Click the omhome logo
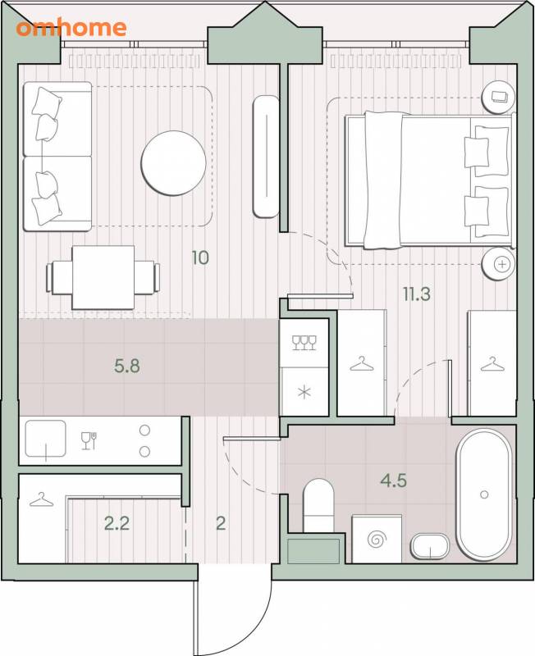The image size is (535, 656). tap(71, 28)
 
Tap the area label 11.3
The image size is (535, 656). tap(417, 294)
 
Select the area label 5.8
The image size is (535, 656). tap(127, 366)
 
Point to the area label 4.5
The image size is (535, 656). tap(394, 481)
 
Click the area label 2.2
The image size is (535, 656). tap(117, 523)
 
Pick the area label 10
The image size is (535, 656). tap(200, 257)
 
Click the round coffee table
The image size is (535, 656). tap(173, 163)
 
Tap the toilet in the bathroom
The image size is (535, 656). tap(318, 505)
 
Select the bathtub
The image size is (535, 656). tap(484, 494)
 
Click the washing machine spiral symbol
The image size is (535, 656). tap(377, 540)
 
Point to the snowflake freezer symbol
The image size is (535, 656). tap(304, 393)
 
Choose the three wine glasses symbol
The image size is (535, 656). tap(304, 342)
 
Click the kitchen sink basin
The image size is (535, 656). tap(46, 439)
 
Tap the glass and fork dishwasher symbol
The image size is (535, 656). tap(89, 440)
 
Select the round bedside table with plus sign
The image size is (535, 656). tap(499, 263)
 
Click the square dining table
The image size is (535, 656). tap(103, 277)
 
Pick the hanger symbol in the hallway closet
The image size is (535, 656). tap(42, 499)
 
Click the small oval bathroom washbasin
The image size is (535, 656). tap(430, 546)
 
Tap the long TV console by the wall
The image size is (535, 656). tap(266, 157)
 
